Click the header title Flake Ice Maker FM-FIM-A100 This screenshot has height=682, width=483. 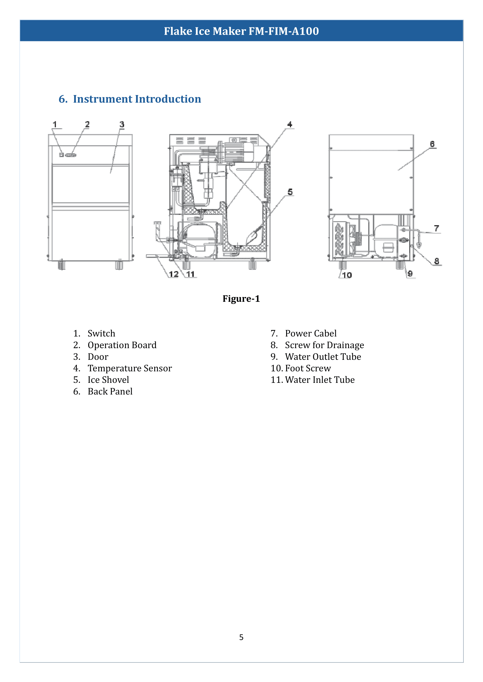[241, 31]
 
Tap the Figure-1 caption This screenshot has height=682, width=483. [241, 299]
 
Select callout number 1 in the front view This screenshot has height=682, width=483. [55, 124]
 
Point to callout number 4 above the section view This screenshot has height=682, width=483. [290, 124]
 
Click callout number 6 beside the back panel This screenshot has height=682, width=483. [432, 144]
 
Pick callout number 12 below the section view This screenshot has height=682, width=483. [174, 274]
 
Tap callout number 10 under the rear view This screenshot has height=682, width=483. [347, 275]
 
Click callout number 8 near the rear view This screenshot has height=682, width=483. [436, 261]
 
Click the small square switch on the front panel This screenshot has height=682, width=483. [61, 155]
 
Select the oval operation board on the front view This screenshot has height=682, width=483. [71, 155]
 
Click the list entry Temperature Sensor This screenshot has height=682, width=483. [130, 368]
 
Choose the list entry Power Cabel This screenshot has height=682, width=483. [311, 334]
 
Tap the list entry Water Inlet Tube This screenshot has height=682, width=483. [320, 380]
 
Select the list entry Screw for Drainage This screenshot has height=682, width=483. [324, 345]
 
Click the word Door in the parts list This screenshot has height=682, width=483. [98, 357]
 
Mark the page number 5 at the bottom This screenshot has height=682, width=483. [241, 637]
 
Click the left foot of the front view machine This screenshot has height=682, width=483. [62, 265]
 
